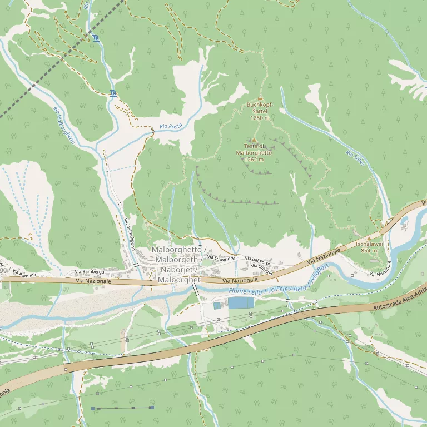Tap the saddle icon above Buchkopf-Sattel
tap(260, 99)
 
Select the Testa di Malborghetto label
tap(254, 152)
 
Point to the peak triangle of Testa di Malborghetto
tap(254, 140)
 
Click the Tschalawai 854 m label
tap(369, 247)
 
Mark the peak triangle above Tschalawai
tap(369, 238)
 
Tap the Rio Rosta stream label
tap(171, 127)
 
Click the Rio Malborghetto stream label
tap(64, 126)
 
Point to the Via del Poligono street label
tap(130, 234)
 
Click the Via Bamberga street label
tap(90, 272)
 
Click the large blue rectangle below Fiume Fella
tap(240, 303)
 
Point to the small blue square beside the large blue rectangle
tap(217, 306)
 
